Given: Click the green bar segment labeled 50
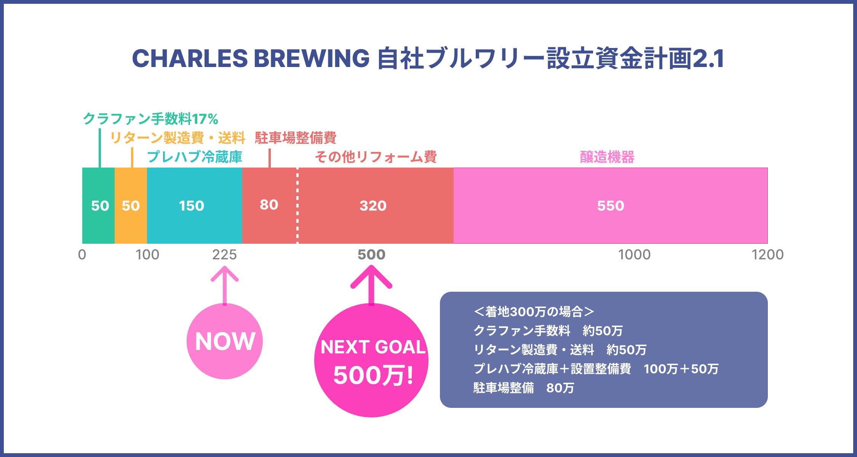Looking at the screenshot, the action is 99,206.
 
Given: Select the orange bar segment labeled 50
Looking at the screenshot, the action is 131,206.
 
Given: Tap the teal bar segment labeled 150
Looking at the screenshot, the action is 195,206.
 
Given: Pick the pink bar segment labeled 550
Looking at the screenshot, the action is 611,206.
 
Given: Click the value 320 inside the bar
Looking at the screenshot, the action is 373,206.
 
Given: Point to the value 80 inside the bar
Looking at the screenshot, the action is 269,205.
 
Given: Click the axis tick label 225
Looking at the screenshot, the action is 224,255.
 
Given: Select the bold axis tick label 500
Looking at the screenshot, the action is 371,255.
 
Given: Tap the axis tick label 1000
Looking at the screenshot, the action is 634,255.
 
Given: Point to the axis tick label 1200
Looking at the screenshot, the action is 767,255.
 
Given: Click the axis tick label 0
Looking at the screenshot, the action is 82,255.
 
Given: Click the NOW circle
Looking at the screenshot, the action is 225,341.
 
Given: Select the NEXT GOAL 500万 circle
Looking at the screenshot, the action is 371,360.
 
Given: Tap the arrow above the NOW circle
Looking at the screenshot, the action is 225,286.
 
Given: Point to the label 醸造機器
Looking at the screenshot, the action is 607,157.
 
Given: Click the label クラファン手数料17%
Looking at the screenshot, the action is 150,119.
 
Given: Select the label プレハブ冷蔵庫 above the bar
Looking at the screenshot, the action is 195,157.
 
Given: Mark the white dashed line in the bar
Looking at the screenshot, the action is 297,206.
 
